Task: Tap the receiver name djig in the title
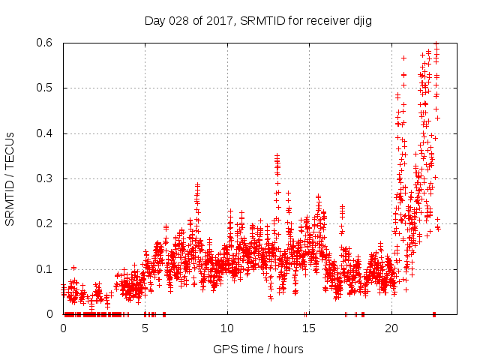click(x=361, y=21)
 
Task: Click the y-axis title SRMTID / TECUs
click(x=10, y=178)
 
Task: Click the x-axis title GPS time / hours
click(x=258, y=349)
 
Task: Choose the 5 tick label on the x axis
click(x=145, y=328)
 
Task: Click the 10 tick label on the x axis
click(x=226, y=328)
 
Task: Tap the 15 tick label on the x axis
click(x=308, y=328)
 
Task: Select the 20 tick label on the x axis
click(x=391, y=328)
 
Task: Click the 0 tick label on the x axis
click(x=63, y=328)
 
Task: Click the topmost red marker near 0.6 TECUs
click(x=436, y=44)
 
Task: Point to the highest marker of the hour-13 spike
click(x=277, y=155)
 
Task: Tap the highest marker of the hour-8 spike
click(x=197, y=184)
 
